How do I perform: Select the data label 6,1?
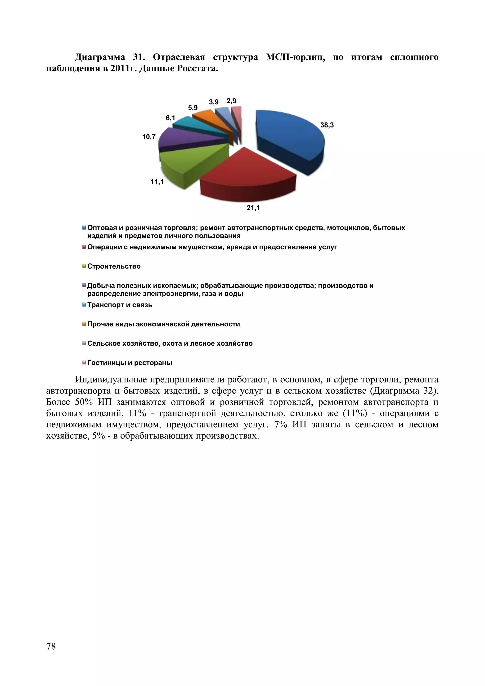(x=171, y=118)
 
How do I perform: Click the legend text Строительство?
(x=114, y=266)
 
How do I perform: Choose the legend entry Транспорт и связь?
(x=120, y=305)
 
